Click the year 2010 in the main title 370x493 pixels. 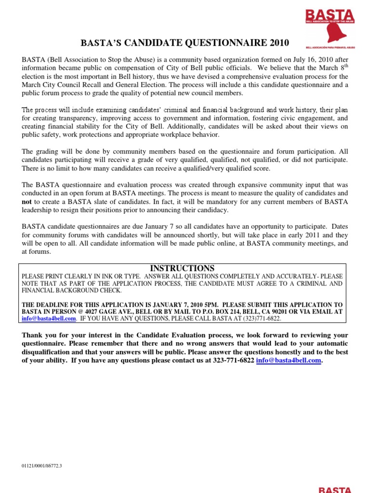coord(278,43)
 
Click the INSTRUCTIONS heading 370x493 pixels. coord(182,268)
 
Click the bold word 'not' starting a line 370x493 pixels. coord(26,201)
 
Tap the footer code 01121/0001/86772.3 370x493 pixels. coord(42,466)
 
